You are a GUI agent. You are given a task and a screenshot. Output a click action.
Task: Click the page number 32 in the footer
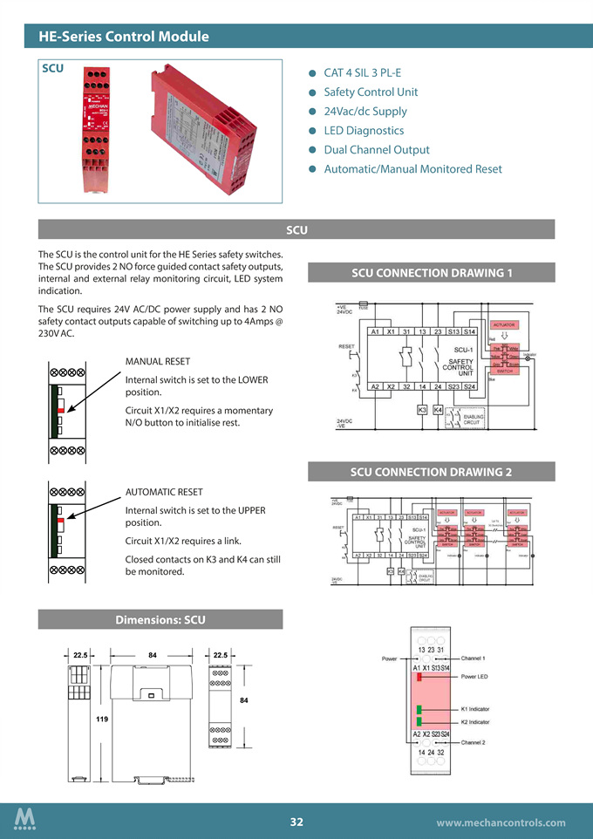[x=296, y=822]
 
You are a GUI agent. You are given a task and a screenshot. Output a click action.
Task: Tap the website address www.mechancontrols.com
[x=501, y=822]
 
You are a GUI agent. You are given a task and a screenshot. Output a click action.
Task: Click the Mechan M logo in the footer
[x=25, y=820]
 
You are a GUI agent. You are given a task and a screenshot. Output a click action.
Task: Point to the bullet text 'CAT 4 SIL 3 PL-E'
[x=362, y=73]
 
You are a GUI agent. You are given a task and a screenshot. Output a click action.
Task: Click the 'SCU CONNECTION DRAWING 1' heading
[x=432, y=273]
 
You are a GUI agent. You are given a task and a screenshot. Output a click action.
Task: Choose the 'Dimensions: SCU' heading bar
[x=160, y=620]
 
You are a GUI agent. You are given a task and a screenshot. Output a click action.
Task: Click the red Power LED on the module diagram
[x=419, y=677]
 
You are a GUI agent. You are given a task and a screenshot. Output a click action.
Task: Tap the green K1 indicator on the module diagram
[x=419, y=709]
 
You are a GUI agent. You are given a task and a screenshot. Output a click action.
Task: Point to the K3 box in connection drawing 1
[x=422, y=409]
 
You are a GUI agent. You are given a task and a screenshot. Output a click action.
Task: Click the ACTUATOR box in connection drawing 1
[x=506, y=324]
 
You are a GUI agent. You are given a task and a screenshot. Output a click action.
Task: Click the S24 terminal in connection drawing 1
[x=469, y=386]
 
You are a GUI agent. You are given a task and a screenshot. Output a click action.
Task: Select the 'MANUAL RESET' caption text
[x=158, y=361]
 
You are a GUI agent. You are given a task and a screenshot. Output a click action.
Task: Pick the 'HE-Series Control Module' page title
[x=124, y=37]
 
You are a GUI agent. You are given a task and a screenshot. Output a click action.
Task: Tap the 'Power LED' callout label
[x=475, y=677]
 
